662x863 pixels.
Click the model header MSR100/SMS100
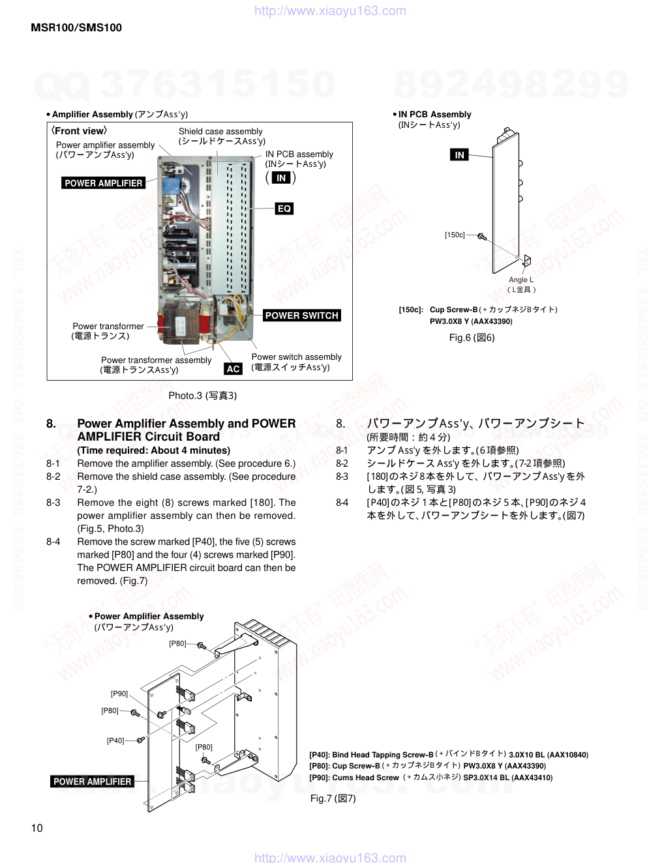pyautogui.click(x=76, y=27)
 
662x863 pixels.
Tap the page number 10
pyautogui.click(x=37, y=828)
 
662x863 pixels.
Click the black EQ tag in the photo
pyautogui.click(x=284, y=209)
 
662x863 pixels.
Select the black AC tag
pyautogui.click(x=233, y=369)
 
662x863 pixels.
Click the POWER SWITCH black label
pyautogui.click(x=301, y=315)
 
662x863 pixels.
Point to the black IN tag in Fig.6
pyautogui.click(x=459, y=154)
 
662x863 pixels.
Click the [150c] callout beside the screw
pyautogui.click(x=455, y=235)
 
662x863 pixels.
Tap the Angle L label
pyautogui.click(x=521, y=280)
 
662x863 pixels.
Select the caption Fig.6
pyautogui.click(x=472, y=338)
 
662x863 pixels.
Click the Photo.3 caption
pyautogui.click(x=202, y=396)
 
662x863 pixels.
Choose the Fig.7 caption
pyautogui.click(x=333, y=798)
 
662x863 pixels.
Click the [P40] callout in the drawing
pyautogui.click(x=115, y=740)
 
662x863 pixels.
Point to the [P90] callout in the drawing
pyautogui.click(x=119, y=694)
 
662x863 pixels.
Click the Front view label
pyautogui.click(x=80, y=131)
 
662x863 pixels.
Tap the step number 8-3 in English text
pyautogui.click(x=53, y=503)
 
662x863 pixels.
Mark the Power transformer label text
pyautogui.click(x=108, y=326)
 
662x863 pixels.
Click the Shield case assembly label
pyautogui.click(x=220, y=132)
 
